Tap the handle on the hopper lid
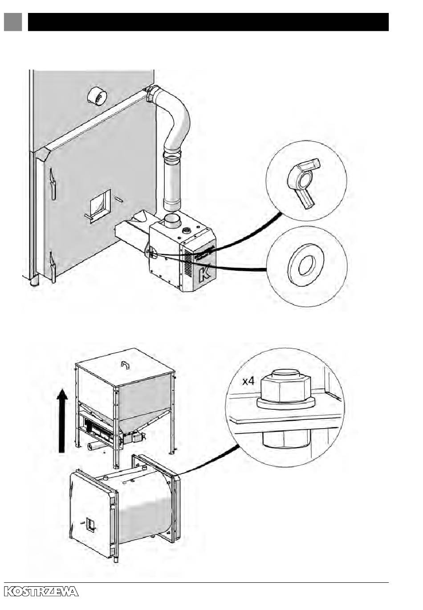click(x=125, y=365)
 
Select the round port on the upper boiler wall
click(x=97, y=96)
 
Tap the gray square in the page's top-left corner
click(x=13, y=21)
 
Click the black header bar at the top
click(x=208, y=21)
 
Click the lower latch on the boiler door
click(x=52, y=267)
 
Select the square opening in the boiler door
click(x=101, y=206)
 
